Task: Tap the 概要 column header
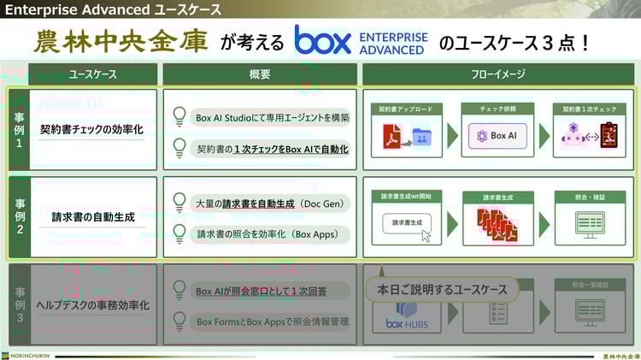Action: (260, 74)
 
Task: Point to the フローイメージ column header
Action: (498, 74)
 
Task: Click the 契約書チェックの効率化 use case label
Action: (91, 131)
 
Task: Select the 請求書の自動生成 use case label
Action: (92, 217)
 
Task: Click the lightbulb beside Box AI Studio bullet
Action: (179, 116)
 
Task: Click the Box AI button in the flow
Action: (498, 135)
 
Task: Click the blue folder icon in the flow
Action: (420, 136)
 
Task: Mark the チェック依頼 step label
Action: (497, 109)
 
